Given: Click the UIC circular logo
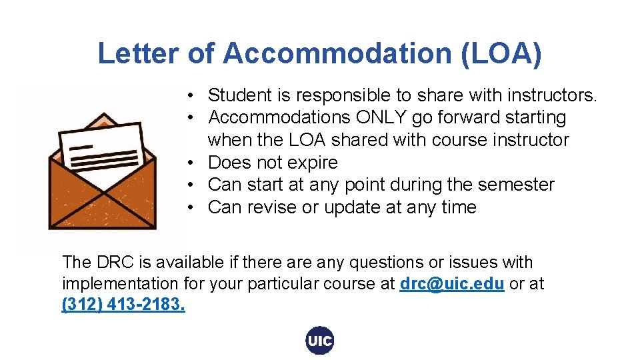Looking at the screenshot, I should [319, 341].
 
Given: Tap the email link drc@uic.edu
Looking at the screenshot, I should [451, 284].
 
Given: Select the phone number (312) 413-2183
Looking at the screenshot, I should [123, 305].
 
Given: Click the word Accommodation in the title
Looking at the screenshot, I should [338, 53].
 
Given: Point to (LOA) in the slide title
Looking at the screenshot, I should [501, 53].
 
